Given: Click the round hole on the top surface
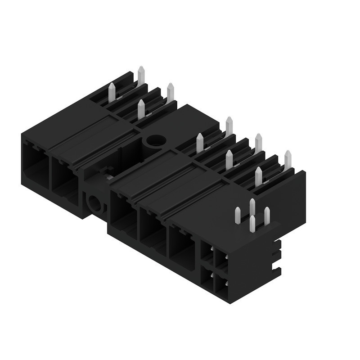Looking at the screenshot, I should click(156, 140).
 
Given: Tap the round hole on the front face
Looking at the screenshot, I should click(95, 204).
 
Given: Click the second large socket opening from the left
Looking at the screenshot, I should click(64, 178).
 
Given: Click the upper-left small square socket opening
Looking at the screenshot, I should click(206, 252).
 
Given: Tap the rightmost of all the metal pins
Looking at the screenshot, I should click(288, 160).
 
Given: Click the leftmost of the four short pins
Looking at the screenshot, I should click(237, 215).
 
